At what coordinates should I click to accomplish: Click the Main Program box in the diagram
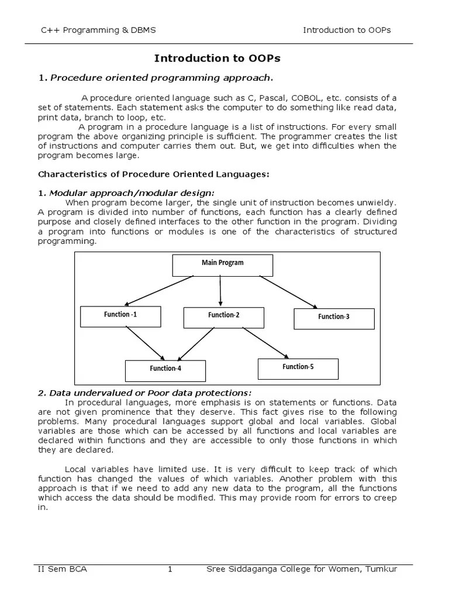point(223,265)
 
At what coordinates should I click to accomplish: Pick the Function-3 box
point(334,318)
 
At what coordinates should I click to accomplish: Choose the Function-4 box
point(165,370)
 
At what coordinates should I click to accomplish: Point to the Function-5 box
point(298,369)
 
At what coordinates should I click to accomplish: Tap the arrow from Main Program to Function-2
point(220,291)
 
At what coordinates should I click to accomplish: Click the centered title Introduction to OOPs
point(217,58)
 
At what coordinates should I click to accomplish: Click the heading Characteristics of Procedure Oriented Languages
point(154,174)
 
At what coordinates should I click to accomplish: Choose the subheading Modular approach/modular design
point(132,193)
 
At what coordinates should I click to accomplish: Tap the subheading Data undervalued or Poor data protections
point(150,393)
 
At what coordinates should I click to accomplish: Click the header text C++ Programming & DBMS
point(98,30)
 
